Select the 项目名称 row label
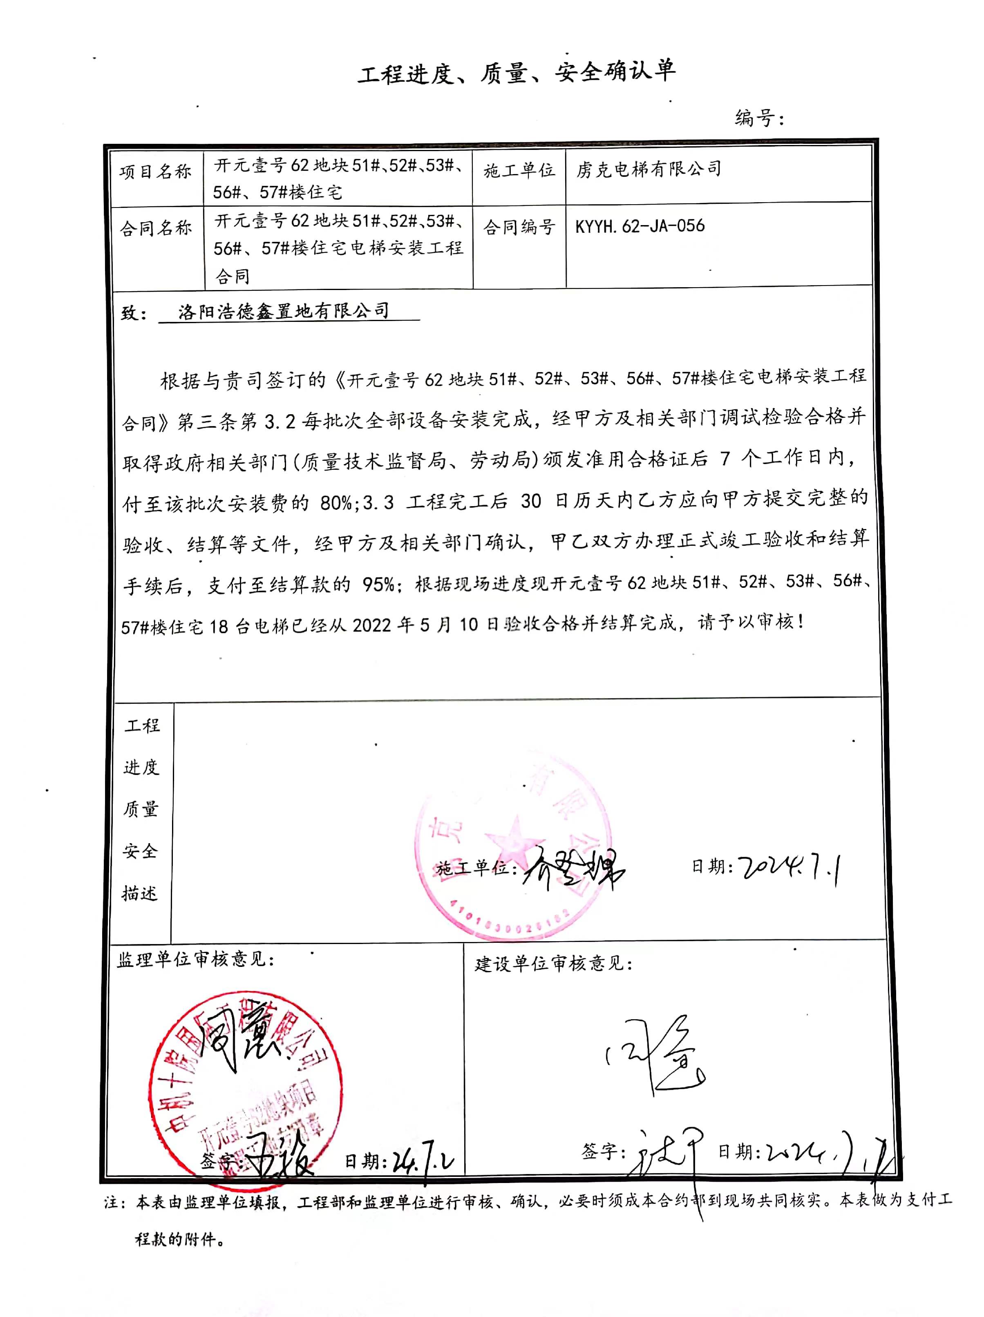coord(155,172)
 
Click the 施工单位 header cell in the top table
coord(519,171)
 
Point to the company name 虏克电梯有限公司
coord(649,169)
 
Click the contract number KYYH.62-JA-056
coord(640,225)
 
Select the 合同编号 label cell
coord(519,226)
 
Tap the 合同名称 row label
coord(155,228)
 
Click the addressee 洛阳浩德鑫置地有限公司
coord(284,311)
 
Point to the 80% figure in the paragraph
coord(336,503)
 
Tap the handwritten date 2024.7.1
coord(789,869)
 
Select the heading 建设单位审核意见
coord(553,963)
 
